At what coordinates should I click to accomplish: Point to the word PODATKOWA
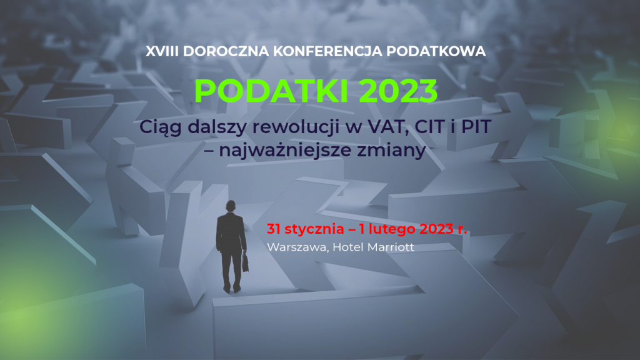(x=436, y=51)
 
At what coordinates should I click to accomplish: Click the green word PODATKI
(x=271, y=91)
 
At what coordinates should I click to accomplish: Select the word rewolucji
(x=296, y=127)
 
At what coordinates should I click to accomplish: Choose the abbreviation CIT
(x=429, y=127)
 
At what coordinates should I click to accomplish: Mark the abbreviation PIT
(x=476, y=127)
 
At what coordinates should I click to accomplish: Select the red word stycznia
(x=314, y=229)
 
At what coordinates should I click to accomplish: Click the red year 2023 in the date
(x=436, y=229)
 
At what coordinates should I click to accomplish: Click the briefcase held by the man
(x=245, y=262)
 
